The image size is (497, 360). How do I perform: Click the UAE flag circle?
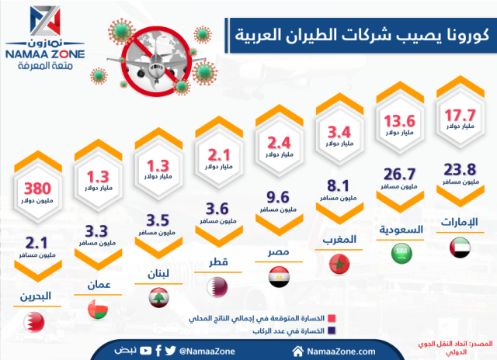coord(461,248)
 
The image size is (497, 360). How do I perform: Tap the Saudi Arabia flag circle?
coord(401,254)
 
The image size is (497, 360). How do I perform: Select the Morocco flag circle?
coord(339,266)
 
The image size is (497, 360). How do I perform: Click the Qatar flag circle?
coord(216,287)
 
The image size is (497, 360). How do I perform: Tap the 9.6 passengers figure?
coord(277,196)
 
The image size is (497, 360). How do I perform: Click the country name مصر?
coord(277,253)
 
